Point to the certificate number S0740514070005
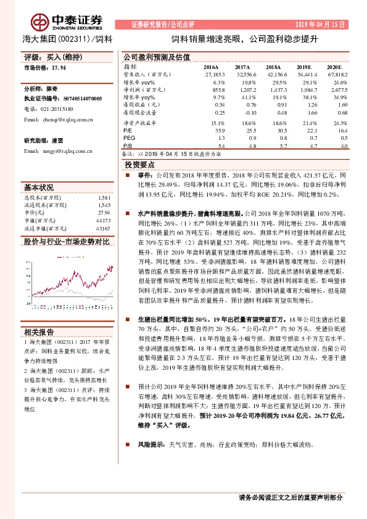76,98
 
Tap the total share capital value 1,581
104,197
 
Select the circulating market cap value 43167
102,228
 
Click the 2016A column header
212,67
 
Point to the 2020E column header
334,67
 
